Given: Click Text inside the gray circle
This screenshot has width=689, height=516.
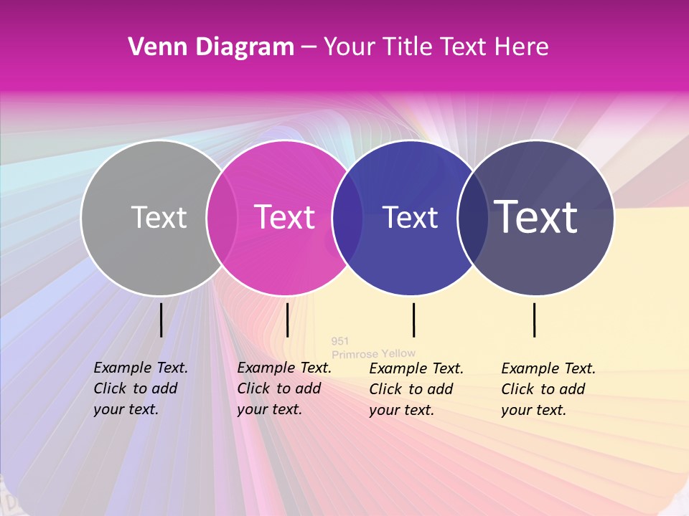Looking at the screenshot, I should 159,217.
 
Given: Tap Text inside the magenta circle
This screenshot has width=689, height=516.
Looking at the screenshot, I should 285,217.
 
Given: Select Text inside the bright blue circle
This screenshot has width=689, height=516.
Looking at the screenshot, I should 410,217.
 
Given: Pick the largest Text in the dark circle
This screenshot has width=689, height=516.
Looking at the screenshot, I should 536,217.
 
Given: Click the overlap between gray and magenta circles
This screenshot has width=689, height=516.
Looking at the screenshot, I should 222,217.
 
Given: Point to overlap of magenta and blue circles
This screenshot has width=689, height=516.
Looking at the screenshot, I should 347,217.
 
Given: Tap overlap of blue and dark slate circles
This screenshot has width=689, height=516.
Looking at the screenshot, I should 472,217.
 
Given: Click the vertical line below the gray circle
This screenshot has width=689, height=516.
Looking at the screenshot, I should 161,320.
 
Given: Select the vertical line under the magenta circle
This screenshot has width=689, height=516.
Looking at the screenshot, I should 287,320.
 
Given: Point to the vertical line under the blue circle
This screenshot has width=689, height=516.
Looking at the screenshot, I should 413,320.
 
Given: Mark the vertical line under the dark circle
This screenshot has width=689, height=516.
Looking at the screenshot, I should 535,320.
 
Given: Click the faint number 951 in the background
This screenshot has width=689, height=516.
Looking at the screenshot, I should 340,341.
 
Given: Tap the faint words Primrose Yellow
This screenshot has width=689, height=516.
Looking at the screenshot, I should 373,353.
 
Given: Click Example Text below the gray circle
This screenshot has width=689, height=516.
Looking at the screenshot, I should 141,368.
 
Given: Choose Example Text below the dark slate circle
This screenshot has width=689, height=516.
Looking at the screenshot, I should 548,368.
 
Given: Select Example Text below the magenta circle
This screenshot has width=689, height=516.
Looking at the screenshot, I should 284,368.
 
